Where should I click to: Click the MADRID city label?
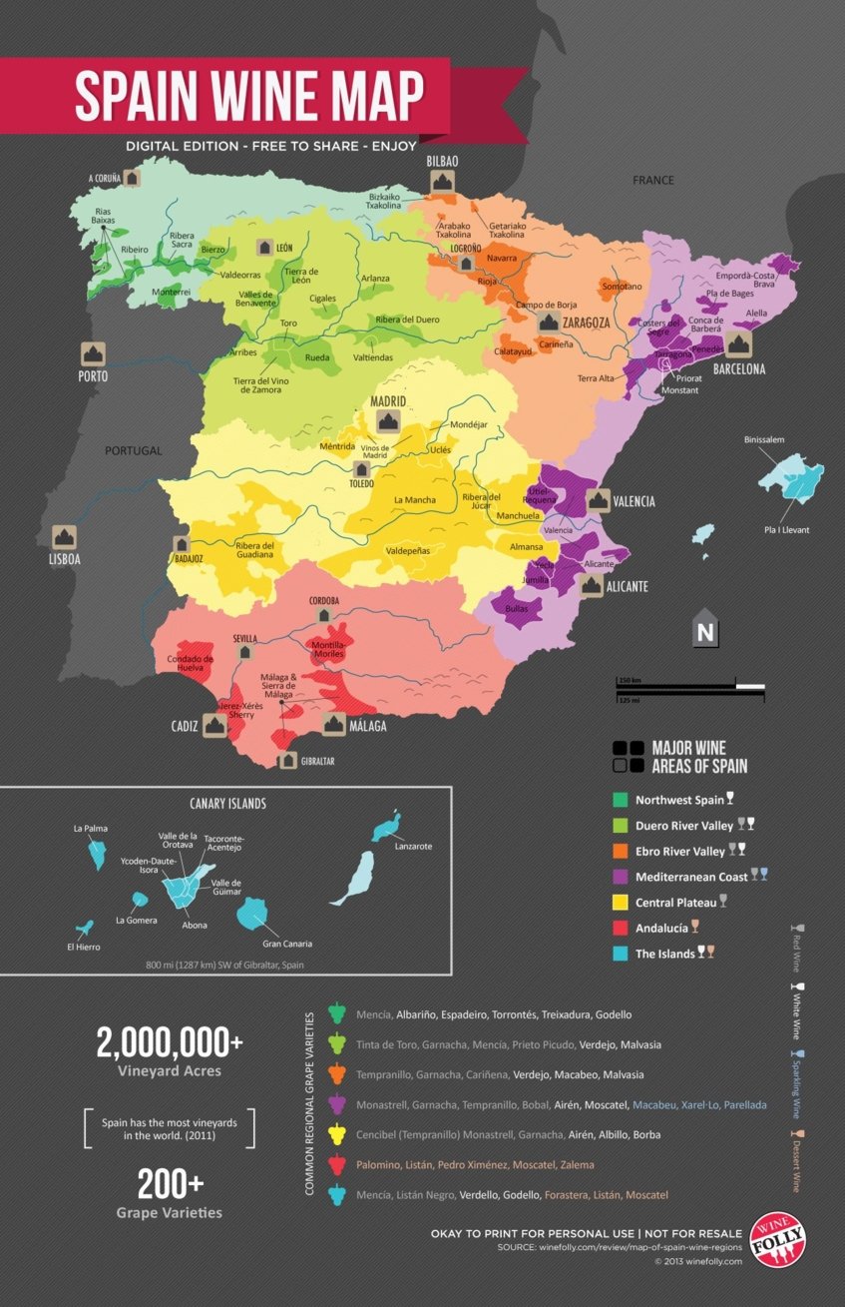pyautogui.click(x=389, y=401)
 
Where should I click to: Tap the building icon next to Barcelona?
pyautogui.click(x=738, y=344)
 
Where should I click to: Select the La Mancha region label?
pyautogui.click(x=415, y=498)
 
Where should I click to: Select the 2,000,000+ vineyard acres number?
pyautogui.click(x=170, y=1043)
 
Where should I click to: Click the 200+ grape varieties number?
pyautogui.click(x=170, y=1184)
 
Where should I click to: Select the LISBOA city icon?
pyautogui.click(x=64, y=536)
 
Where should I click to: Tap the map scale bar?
pyautogui.click(x=690, y=687)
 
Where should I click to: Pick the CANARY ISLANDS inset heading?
pyautogui.click(x=227, y=802)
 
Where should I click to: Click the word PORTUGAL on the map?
pyautogui.click(x=133, y=450)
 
